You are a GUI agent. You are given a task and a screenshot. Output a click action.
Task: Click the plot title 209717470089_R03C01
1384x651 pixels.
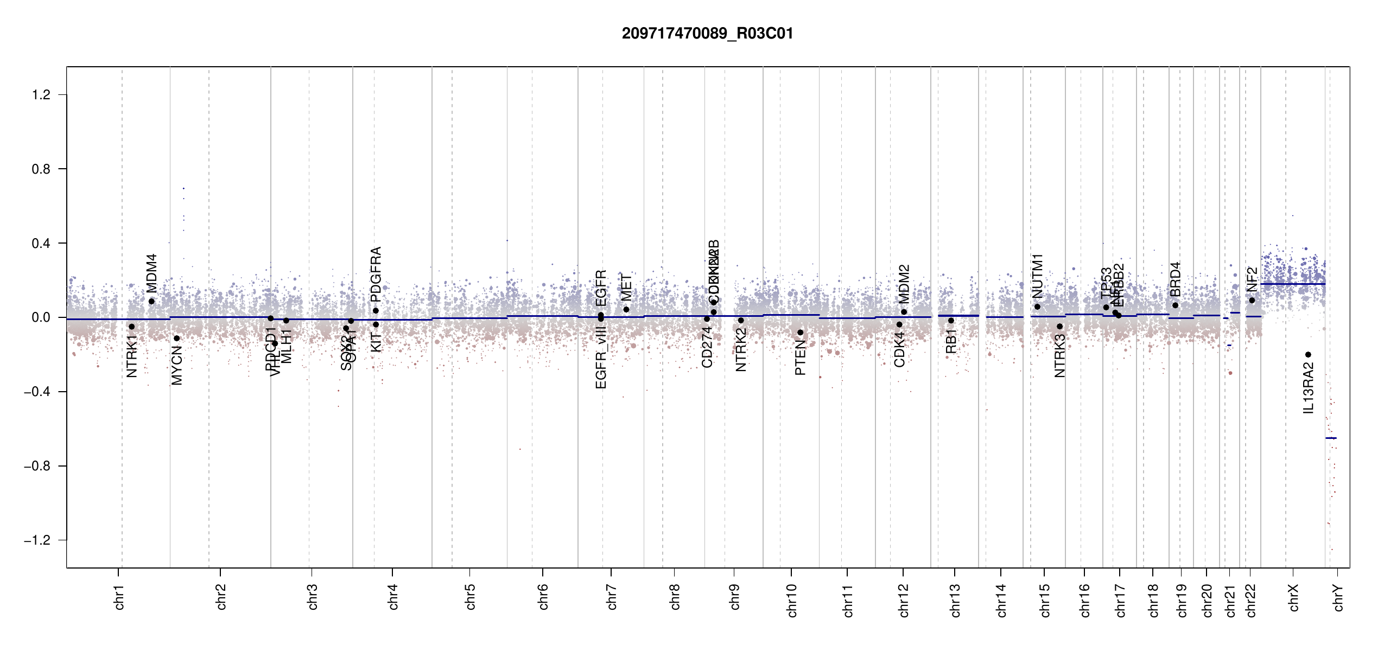coord(707,34)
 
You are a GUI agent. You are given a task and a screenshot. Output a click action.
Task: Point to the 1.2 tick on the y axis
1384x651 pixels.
coord(41,95)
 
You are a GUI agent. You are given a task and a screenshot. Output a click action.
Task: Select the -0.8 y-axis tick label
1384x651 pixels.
coord(37,466)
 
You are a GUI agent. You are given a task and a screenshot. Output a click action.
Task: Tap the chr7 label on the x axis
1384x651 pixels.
coord(612,597)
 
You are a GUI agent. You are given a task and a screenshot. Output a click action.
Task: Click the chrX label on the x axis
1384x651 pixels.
coord(1293,597)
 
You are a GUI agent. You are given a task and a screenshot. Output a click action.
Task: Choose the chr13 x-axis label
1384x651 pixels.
coord(955,600)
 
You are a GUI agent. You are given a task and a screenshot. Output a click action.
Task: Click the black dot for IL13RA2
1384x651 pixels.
coord(1308,355)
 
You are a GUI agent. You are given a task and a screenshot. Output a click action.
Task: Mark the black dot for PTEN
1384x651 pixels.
coord(800,333)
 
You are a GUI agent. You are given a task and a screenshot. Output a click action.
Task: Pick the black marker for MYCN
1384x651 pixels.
coord(176,339)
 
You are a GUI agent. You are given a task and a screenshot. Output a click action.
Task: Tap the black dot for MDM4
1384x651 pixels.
coord(151,302)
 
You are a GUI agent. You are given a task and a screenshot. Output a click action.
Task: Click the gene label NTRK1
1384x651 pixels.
coord(131,356)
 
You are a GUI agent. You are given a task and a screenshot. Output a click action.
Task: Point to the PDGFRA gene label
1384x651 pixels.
coord(376,274)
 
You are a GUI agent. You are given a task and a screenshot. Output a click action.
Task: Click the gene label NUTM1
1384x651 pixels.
coord(1037,276)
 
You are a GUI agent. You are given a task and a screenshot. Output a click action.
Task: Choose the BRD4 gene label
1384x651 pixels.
coord(1175,279)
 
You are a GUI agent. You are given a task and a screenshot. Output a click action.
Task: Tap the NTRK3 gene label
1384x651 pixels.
coord(1059,356)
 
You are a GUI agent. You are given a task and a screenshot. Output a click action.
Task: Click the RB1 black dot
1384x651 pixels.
coord(951,321)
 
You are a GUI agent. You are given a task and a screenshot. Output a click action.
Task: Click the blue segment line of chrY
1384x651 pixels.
coord(1331,438)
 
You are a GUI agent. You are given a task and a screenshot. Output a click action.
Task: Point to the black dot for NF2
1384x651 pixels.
coord(1252,301)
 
